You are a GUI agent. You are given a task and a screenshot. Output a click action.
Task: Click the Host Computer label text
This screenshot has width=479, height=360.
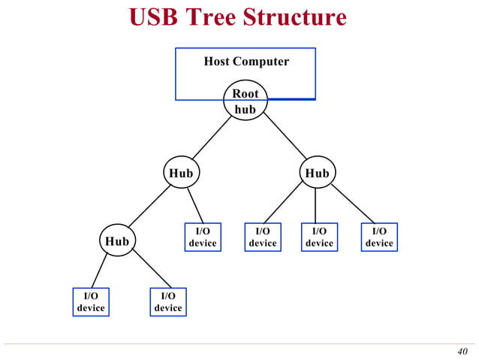[246, 62]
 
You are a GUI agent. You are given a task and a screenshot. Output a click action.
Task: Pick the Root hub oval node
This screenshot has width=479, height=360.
[245, 101]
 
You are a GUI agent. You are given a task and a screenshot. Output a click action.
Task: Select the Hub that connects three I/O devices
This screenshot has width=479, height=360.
[316, 173]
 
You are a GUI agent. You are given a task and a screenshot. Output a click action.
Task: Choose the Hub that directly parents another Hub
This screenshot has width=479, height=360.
[181, 173]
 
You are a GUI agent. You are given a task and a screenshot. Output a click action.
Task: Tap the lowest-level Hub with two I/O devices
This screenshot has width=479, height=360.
[117, 241]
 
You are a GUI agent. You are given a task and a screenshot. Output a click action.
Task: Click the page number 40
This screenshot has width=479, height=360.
[462, 352]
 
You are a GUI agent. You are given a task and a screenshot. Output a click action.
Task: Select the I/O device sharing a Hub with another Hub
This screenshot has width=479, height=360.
[203, 237]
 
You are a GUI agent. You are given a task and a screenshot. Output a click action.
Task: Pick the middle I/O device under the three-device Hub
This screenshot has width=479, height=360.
[319, 237]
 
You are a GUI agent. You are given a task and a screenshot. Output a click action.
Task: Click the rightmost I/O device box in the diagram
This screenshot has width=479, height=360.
[379, 237]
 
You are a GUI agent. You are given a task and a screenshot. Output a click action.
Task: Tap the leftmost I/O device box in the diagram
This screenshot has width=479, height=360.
[91, 301]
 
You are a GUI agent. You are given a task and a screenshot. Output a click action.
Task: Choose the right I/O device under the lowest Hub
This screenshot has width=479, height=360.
[167, 301]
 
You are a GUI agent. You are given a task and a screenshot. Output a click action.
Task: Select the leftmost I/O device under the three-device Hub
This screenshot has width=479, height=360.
[263, 237]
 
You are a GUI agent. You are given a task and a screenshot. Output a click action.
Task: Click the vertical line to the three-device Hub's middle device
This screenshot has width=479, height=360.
[315, 205]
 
